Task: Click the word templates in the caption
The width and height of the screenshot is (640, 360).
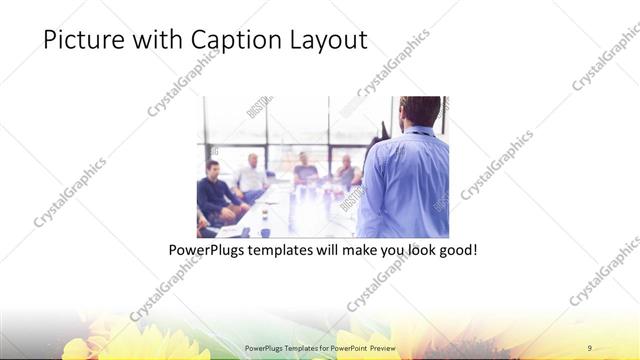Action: coord(286,248)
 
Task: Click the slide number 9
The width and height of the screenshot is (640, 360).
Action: coord(589,347)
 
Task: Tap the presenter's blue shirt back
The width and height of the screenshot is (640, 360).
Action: coord(405,180)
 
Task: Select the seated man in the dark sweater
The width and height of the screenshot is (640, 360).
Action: coord(216,190)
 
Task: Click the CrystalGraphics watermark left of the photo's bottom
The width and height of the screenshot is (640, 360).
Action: coord(165,285)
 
